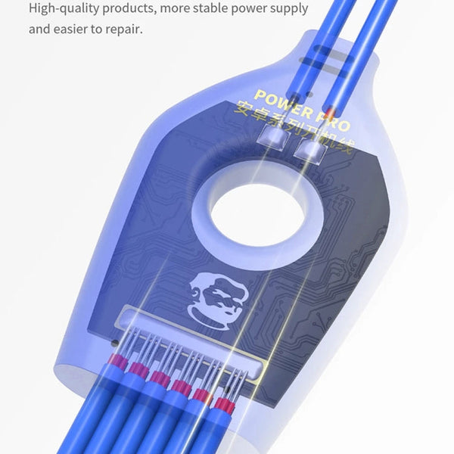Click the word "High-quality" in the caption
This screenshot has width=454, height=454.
(x=63, y=9)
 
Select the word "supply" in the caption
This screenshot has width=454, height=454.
(x=285, y=10)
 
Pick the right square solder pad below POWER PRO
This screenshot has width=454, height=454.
(x=309, y=152)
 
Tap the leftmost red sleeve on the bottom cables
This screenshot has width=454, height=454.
(x=117, y=361)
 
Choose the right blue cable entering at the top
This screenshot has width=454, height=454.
(x=363, y=45)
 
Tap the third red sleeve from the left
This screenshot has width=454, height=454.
(x=160, y=378)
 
